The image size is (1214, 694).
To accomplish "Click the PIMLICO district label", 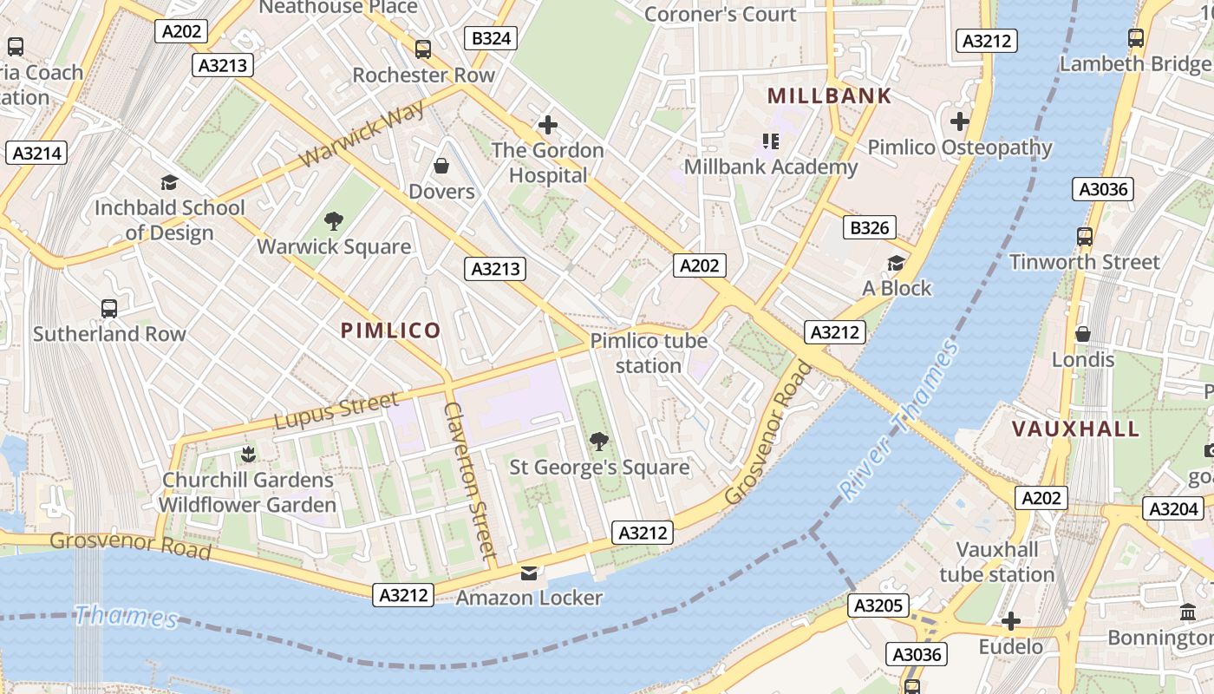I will (x=390, y=331).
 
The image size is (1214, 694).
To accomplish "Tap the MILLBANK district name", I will (x=829, y=96).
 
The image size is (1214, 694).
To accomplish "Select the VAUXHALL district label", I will (x=1075, y=429).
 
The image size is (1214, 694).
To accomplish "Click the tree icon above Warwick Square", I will (x=333, y=221).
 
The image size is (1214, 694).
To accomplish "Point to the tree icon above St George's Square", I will (x=598, y=442).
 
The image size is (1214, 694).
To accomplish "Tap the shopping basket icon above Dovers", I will (x=441, y=166).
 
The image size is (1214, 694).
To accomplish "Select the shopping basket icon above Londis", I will (x=1082, y=334).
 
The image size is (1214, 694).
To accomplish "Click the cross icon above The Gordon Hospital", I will (x=547, y=125).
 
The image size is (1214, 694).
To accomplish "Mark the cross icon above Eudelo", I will (x=1010, y=621).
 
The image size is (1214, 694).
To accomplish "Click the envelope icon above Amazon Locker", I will (x=528, y=573).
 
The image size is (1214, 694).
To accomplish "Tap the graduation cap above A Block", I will (x=896, y=263).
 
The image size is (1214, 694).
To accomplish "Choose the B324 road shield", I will (x=492, y=38).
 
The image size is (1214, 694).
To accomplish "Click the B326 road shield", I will (x=869, y=228).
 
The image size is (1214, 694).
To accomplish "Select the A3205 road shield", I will (x=878, y=606).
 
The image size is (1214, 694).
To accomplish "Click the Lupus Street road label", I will (x=336, y=410).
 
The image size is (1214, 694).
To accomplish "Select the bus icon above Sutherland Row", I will (x=109, y=309).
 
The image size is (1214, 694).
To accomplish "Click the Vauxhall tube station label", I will (x=996, y=562).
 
